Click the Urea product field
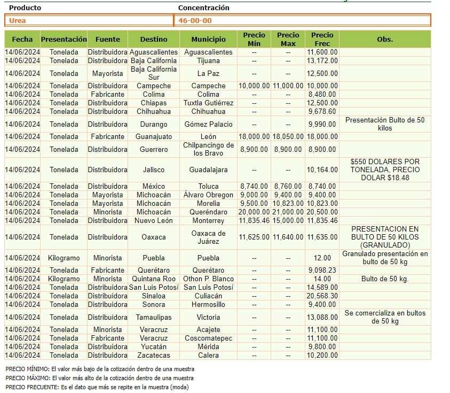tap(89, 21)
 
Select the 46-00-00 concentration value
tap(302, 21)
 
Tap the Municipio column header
tap(208, 39)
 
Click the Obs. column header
tap(385, 39)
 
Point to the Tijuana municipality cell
tap(208, 60)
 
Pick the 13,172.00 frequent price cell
tap(322, 60)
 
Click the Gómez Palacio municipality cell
tap(208, 124)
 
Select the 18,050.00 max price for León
tap(288, 136)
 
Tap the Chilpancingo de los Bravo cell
tap(208, 149)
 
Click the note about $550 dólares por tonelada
tap(385, 169)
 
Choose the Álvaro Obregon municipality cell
tap(208, 195)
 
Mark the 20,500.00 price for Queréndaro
tap(322, 212)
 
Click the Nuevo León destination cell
tap(153, 220)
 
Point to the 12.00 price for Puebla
tap(322, 258)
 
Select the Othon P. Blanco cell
tap(208, 279)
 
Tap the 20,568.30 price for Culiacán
tap(322, 296)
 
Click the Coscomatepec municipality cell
tap(208, 338)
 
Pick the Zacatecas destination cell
tap(153, 355)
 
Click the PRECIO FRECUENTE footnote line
tap(97, 387)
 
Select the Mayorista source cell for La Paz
tap(107, 73)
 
